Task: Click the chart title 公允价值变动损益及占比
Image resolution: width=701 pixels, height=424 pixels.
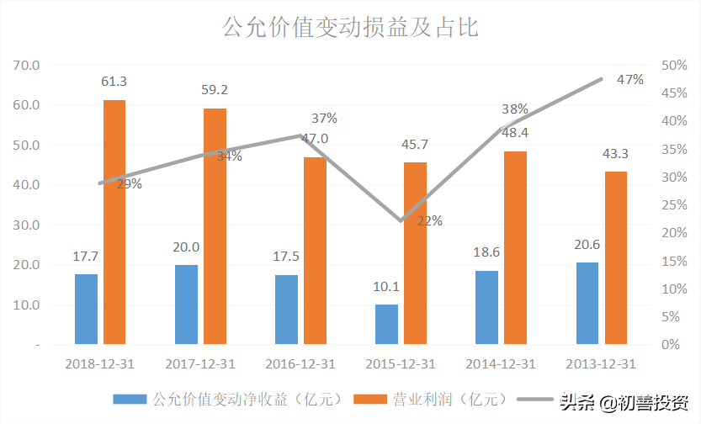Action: coord(350,27)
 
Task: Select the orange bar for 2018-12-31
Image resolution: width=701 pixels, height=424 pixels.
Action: coord(114,222)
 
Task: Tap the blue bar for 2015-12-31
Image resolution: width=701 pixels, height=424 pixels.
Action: coord(386,324)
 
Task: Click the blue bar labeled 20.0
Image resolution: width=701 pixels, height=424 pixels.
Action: coord(186,305)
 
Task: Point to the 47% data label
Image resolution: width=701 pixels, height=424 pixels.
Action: coord(629,80)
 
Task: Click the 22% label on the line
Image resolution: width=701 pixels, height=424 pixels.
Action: coord(429,221)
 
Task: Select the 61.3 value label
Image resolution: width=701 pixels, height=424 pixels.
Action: coord(114,82)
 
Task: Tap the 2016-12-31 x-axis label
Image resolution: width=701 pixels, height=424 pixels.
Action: coord(300,364)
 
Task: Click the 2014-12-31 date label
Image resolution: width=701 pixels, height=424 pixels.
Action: coord(501,364)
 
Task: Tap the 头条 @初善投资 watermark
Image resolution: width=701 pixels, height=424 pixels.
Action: coord(624,400)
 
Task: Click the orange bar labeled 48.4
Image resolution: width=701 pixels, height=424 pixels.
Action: coord(516,247)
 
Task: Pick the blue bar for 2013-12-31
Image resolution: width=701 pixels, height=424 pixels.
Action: coord(587,303)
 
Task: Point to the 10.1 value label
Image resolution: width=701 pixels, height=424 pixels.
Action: coord(386,288)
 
